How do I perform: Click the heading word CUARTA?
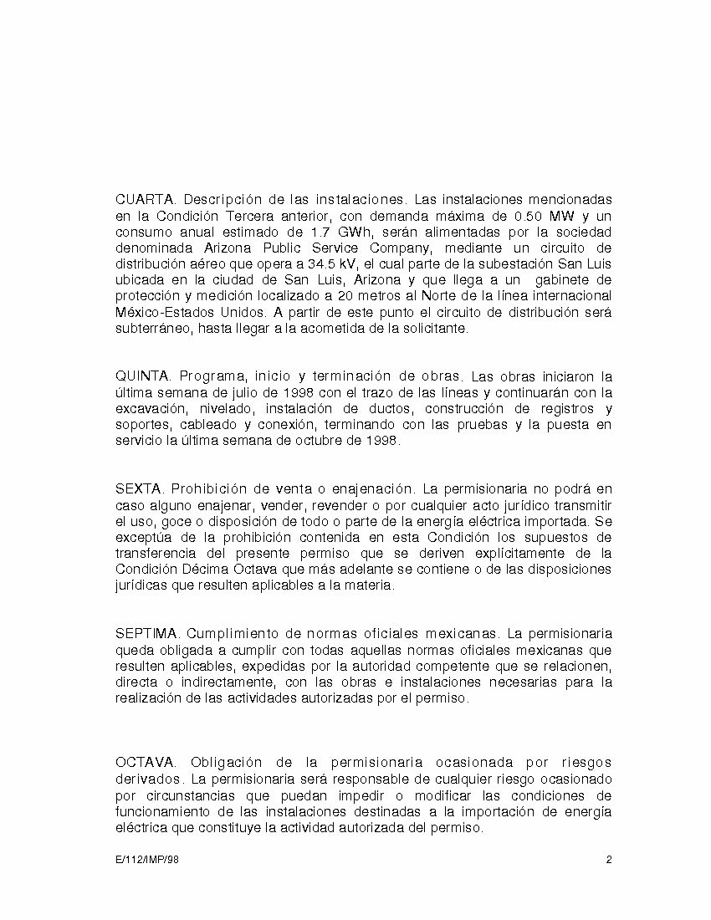pyautogui.click(x=145, y=200)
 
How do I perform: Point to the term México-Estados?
pyautogui.click(x=163, y=312)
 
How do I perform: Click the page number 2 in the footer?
pyautogui.click(x=610, y=860)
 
